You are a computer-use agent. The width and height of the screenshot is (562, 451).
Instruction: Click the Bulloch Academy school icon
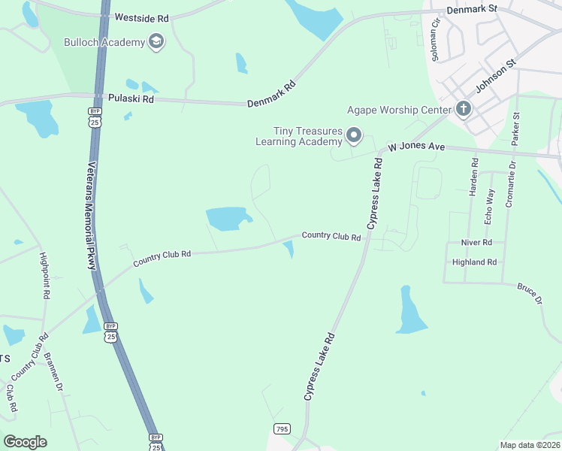coord(156,42)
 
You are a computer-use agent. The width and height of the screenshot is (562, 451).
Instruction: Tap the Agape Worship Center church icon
coord(464,110)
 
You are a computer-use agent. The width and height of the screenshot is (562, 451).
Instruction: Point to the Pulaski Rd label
coord(131,98)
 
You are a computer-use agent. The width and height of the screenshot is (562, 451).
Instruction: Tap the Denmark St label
coord(472,9)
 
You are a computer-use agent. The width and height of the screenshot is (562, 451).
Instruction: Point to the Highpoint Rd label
coord(45,276)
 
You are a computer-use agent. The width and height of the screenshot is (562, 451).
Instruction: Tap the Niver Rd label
coord(477,243)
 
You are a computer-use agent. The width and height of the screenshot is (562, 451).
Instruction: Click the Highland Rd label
coord(475,262)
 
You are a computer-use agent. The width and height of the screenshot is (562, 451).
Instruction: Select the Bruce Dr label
coord(529,293)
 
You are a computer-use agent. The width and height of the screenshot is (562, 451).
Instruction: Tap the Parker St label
coord(515,129)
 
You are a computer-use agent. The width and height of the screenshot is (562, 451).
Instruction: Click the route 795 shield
coord(282,429)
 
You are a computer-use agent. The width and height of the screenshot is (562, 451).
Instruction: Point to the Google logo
coord(25,442)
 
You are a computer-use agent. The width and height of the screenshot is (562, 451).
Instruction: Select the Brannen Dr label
coord(54,371)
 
